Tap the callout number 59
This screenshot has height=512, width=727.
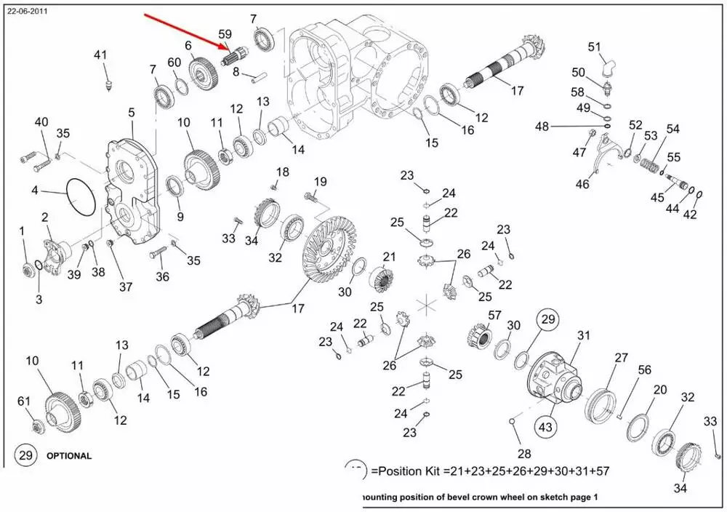[225, 34]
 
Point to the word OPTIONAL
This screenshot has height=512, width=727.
[70, 457]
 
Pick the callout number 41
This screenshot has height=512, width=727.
[100, 55]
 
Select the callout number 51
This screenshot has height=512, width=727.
[595, 48]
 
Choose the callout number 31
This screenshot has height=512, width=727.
[584, 335]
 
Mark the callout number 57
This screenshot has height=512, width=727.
[495, 315]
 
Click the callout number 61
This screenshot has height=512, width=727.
[24, 401]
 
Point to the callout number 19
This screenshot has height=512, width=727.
[321, 181]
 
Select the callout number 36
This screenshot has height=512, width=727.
[162, 276]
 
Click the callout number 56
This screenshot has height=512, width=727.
[644, 370]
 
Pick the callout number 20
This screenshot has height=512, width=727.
[659, 390]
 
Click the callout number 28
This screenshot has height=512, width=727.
[523, 453]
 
